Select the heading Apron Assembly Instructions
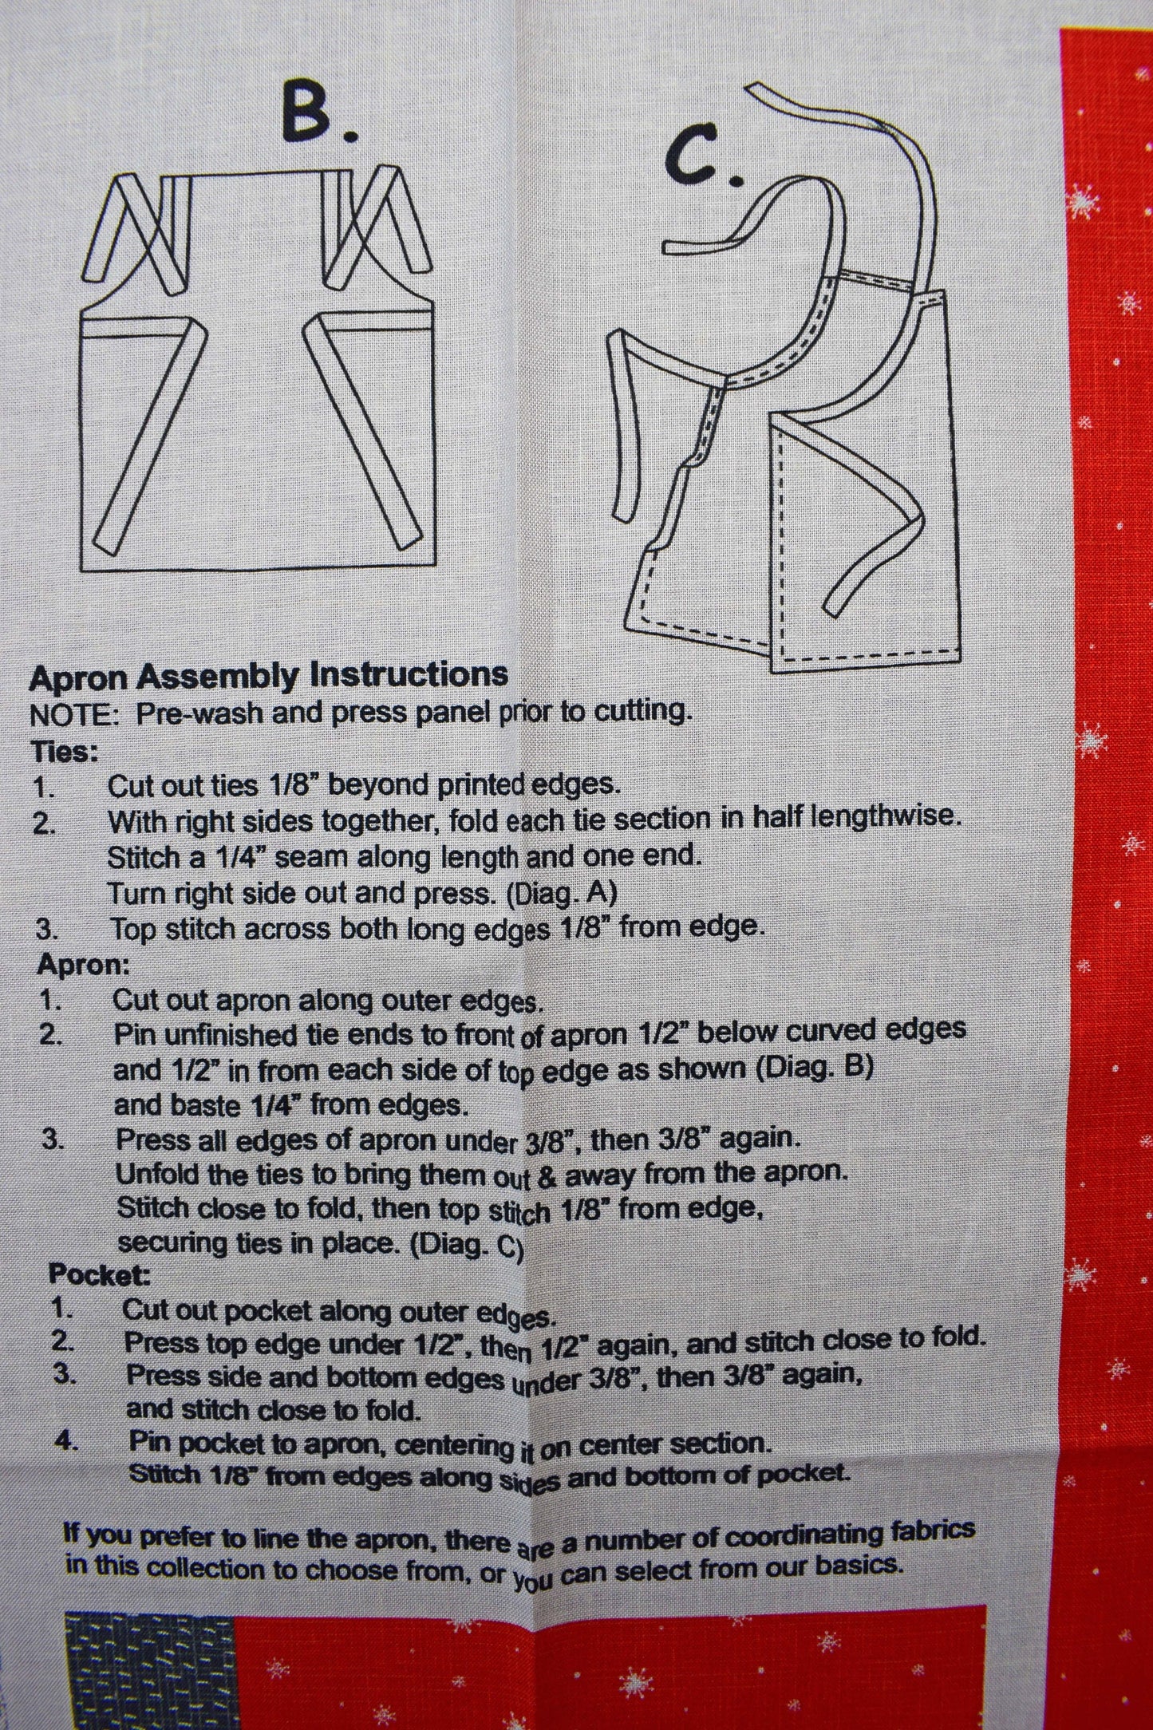(x=268, y=676)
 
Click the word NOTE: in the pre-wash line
(x=74, y=715)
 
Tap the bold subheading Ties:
(x=64, y=752)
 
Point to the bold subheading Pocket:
(x=100, y=1274)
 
